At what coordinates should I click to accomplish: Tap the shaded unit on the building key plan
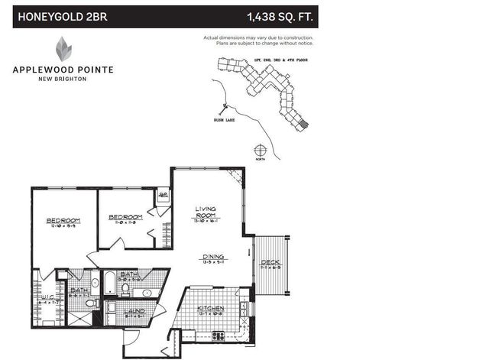pos(303,123)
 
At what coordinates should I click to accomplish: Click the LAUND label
pos(135,311)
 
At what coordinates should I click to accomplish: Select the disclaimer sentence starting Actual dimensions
pos(257,40)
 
